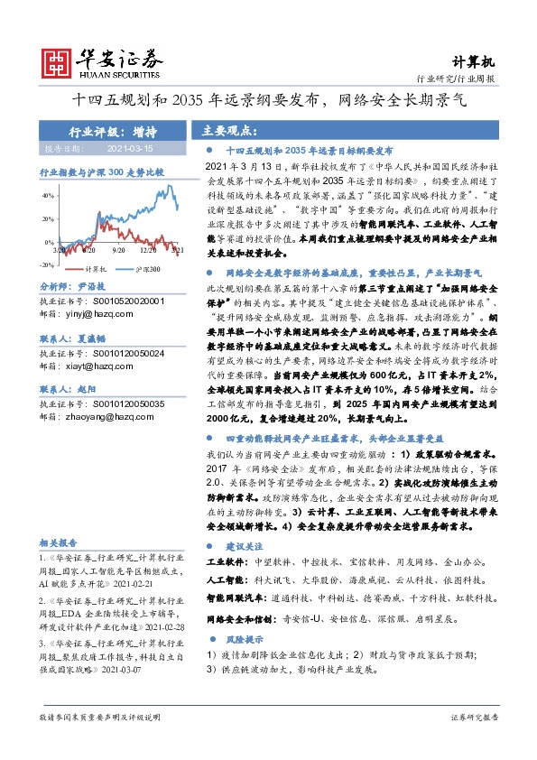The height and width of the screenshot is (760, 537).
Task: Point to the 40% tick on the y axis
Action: pos(48,195)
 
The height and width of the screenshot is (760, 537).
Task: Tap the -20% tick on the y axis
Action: pos(46,265)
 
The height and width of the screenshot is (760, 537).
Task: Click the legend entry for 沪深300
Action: pos(141,269)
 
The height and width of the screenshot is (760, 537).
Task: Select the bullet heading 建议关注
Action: pos(245,547)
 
